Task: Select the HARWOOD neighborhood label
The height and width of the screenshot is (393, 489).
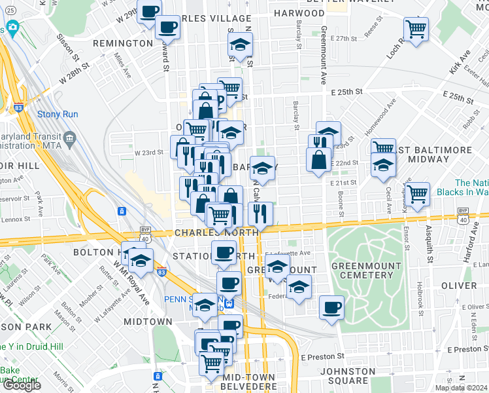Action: (x=299, y=13)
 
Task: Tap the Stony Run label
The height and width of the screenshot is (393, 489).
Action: (x=58, y=115)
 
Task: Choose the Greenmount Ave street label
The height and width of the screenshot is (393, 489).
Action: (x=324, y=56)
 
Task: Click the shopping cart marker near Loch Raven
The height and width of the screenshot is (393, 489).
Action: (x=416, y=28)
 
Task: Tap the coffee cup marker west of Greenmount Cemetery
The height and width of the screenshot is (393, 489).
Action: (x=332, y=307)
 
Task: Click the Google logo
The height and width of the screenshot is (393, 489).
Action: (x=22, y=385)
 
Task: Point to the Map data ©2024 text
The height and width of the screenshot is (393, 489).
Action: (x=462, y=388)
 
